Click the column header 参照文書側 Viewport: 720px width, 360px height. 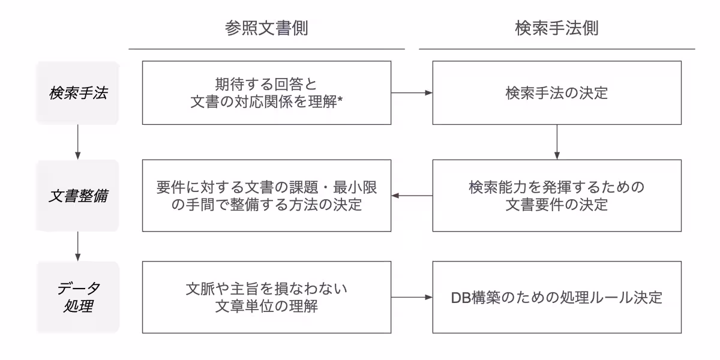tap(266, 28)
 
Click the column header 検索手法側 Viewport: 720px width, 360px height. tap(557, 28)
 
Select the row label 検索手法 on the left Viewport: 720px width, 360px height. tap(78, 94)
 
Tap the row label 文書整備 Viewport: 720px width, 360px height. tap(78, 196)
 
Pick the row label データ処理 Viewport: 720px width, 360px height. tap(78, 297)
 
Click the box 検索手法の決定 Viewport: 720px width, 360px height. tap(557, 93)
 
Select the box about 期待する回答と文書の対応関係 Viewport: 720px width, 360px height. tap(266, 93)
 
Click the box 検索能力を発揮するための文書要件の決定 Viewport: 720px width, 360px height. tap(557, 196)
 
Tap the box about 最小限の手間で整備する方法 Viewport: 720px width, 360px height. tap(266, 196)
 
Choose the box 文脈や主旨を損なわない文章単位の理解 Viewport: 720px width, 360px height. tap(266, 297)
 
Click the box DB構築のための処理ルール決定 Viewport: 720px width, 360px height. tap(557, 297)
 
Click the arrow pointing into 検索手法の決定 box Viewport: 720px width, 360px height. tap(412, 93)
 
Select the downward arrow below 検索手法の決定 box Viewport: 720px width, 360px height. tap(557, 142)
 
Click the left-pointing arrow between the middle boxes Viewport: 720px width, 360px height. tap(412, 196)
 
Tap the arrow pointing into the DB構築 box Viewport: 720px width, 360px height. tap(412, 297)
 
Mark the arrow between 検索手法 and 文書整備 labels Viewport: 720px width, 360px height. tap(78, 143)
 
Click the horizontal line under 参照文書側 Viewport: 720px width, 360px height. tap(266, 49)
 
